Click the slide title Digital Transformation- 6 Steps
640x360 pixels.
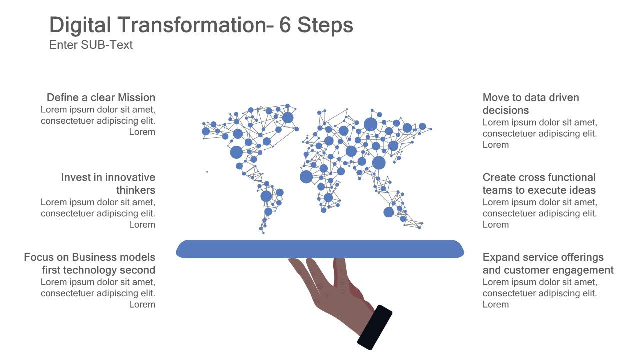pos(201,25)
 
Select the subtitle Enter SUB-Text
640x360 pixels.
pos(91,45)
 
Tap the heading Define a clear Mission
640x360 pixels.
pos(101,97)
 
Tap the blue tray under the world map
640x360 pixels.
pos(320,249)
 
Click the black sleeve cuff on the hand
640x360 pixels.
pos(375,327)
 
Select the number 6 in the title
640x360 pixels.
pos(285,25)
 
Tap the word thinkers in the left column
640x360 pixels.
pos(135,190)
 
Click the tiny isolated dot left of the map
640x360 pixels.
pos(207,172)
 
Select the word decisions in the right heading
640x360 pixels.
pos(505,110)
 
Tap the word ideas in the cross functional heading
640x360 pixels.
pos(583,190)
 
